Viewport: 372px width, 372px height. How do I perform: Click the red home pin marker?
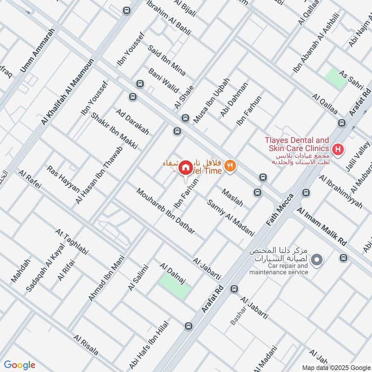tap(186, 166)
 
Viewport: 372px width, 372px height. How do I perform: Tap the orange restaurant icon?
tap(229, 166)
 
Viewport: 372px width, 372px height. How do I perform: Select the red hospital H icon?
tap(339, 150)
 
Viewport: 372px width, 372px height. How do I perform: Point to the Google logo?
tap(20, 365)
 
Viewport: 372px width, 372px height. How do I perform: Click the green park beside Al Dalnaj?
tap(175, 286)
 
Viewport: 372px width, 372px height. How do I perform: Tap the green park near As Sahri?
tap(336, 77)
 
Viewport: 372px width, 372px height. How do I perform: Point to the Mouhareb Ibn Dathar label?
tap(166, 211)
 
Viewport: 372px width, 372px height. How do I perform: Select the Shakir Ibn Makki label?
tap(114, 131)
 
